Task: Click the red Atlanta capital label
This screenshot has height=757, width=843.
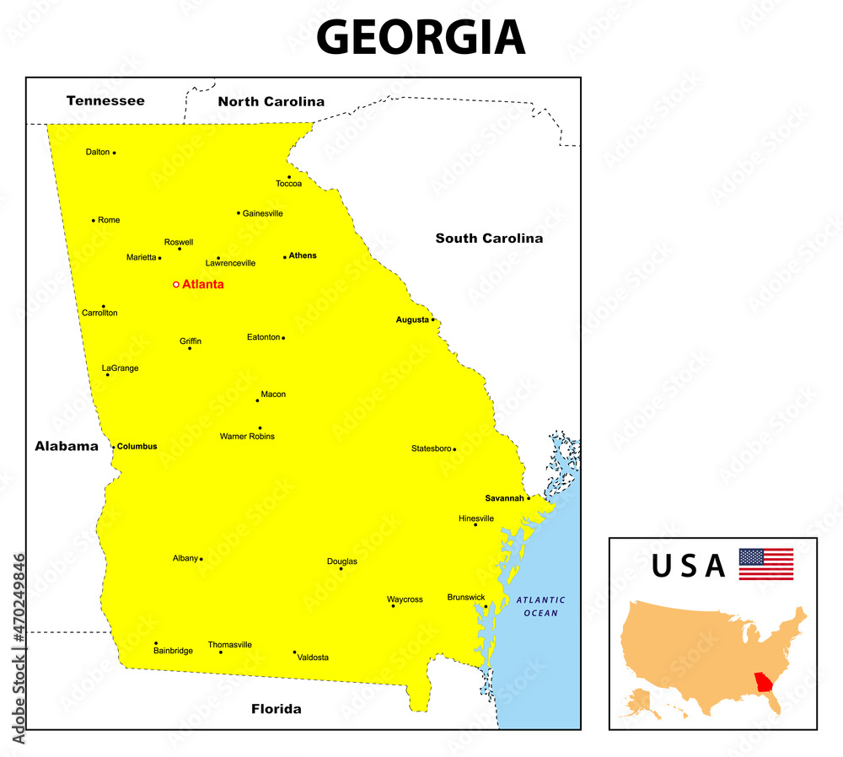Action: [x=203, y=285]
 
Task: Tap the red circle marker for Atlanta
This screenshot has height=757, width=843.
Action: [x=176, y=285]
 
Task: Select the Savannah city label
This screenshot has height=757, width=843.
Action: [x=504, y=498]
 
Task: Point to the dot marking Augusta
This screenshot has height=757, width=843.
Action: [x=432, y=319]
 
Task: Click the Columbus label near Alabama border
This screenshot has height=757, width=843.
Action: [x=137, y=446]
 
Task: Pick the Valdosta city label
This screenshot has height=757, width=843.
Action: [x=314, y=658]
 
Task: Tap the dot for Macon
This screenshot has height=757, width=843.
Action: [x=258, y=400]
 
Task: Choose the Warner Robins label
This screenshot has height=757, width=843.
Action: [x=247, y=437]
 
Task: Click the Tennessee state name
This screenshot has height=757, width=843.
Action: [x=105, y=101]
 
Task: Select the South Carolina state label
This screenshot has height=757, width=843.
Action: [x=489, y=239]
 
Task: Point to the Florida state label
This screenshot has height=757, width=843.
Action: [x=276, y=709]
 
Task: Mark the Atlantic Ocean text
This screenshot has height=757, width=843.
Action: [x=540, y=606]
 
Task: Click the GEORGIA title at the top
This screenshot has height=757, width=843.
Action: [x=420, y=38]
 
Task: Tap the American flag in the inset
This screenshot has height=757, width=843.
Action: [x=765, y=564]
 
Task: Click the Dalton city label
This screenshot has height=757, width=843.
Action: [x=98, y=153]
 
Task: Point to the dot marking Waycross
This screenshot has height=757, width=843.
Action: [x=393, y=605]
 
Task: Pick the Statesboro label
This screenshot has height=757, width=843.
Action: [x=431, y=448]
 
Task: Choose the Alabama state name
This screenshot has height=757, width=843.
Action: [x=67, y=447]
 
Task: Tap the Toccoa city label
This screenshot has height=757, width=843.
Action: [x=288, y=184]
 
